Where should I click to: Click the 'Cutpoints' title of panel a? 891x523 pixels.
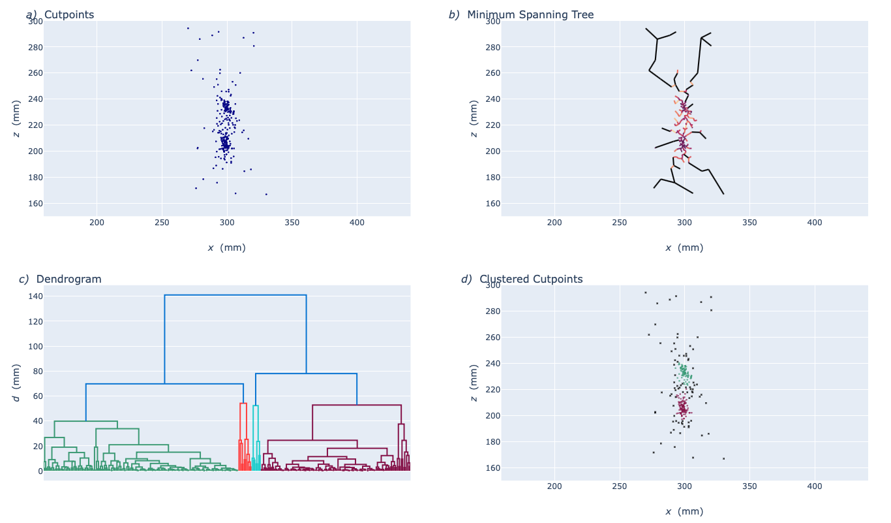point(68,14)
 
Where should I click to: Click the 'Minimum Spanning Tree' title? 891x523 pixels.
point(530,14)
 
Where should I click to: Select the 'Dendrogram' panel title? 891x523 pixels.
point(68,279)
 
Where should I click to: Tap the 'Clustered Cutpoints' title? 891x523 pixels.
point(531,279)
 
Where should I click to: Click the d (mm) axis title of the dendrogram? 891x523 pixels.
point(16,383)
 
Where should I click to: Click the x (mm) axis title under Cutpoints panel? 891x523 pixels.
point(226,247)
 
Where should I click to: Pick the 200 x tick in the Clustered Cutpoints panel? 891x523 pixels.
point(554,486)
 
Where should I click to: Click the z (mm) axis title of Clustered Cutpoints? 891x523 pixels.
point(474,383)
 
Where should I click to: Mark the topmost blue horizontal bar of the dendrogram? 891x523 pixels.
point(235,295)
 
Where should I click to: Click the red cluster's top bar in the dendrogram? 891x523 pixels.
point(243,404)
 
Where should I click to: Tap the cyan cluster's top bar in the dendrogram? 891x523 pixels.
point(256,405)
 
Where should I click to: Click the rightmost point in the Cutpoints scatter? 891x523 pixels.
point(266,194)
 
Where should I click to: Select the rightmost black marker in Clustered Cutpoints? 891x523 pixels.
point(723,458)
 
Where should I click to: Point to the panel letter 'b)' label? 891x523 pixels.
point(454,14)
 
